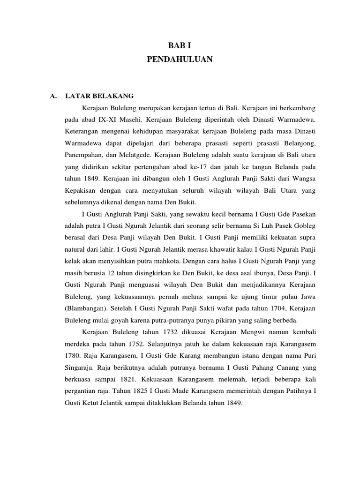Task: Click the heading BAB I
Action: coord(180,45)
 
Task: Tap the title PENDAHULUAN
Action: coord(180,59)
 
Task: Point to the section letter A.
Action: coord(53,96)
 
